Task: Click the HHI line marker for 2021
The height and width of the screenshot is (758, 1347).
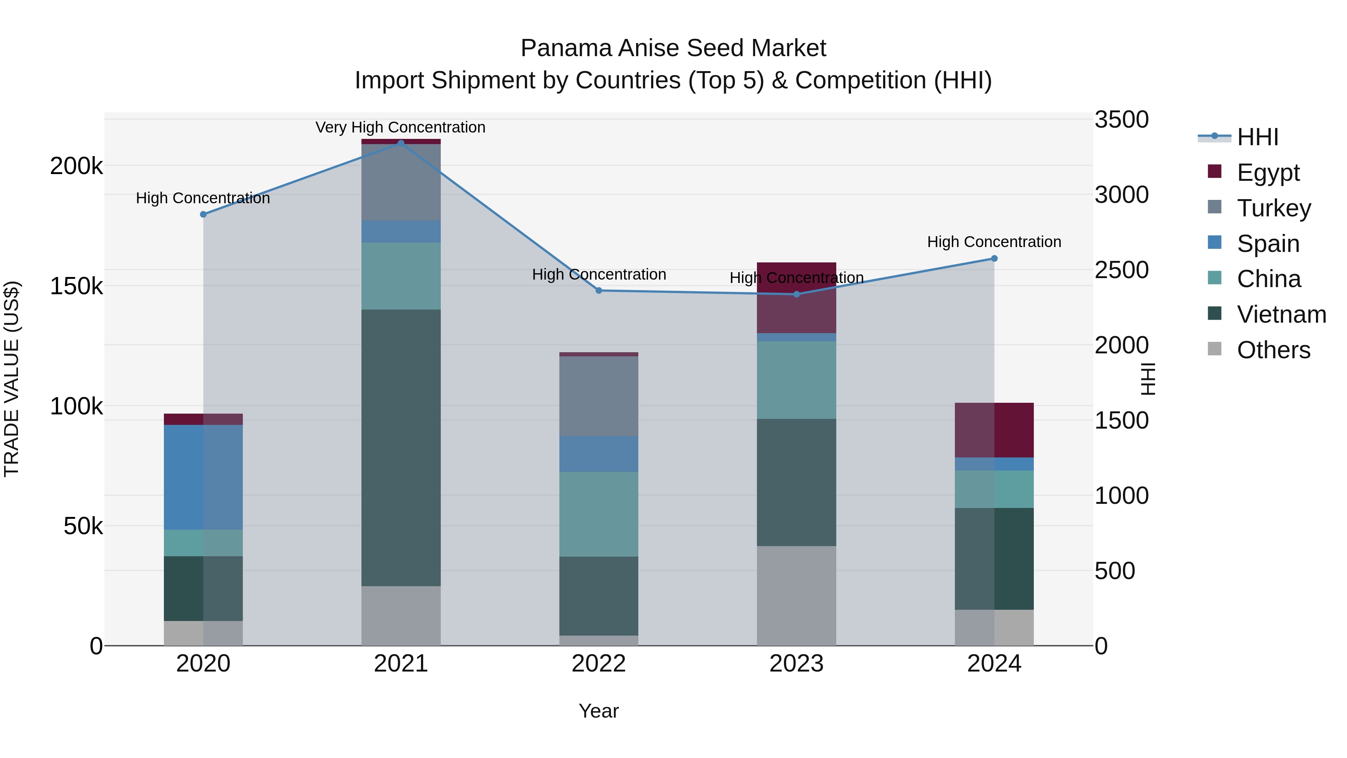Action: (401, 143)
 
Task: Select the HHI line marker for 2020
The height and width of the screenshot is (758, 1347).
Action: (204, 214)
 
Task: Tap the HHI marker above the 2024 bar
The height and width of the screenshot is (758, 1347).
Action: (994, 258)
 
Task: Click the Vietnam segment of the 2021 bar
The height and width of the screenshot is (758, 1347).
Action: (401, 447)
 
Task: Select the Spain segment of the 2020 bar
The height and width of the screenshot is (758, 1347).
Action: (204, 477)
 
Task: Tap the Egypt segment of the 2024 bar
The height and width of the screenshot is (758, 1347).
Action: (994, 430)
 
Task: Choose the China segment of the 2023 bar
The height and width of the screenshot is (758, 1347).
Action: (796, 380)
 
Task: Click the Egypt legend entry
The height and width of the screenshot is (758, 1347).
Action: (1268, 173)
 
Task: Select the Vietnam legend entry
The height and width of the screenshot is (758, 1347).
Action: (1281, 314)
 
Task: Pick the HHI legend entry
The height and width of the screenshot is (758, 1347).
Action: (1258, 137)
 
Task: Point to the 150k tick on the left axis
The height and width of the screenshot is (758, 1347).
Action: (76, 286)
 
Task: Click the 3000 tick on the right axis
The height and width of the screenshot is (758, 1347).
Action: (1122, 195)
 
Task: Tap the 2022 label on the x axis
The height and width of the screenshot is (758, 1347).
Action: (599, 664)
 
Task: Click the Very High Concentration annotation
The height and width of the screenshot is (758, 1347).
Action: (400, 127)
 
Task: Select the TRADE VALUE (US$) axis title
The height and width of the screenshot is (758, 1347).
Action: (12, 379)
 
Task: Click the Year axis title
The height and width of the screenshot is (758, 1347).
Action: (599, 711)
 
